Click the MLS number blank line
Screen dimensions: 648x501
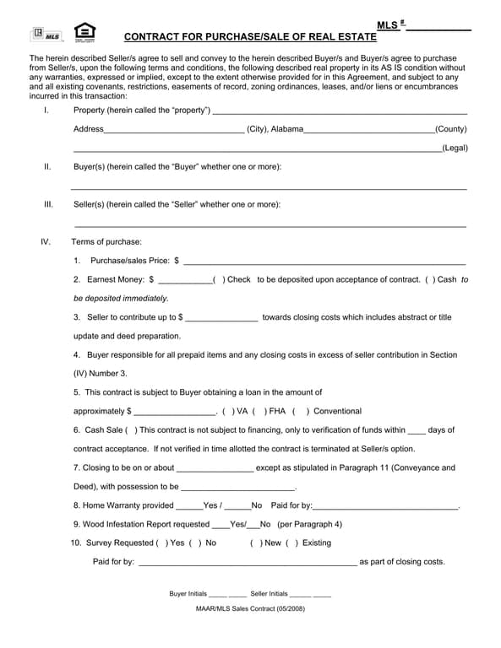pos(439,30)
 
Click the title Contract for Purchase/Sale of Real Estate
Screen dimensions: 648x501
pos(250,37)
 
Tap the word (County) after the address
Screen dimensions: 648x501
pos(450,129)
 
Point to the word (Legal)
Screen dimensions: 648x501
pos(454,148)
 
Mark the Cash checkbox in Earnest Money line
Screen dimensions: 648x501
pos(430,279)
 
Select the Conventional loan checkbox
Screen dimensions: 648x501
pos(301,411)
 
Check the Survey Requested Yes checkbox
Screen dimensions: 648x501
pos(161,543)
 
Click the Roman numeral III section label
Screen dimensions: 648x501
pos(48,204)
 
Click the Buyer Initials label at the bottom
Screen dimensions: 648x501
pos(188,594)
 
